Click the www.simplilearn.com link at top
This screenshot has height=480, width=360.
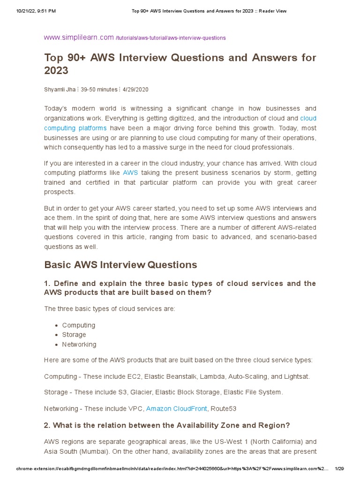[x=79, y=37]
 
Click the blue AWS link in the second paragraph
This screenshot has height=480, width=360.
[x=130, y=172]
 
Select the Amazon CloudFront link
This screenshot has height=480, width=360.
[x=176, y=408]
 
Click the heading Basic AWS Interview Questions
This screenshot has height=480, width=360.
[x=120, y=265]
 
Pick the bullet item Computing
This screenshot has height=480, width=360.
[x=78, y=325]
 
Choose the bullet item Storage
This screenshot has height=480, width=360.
[x=74, y=335]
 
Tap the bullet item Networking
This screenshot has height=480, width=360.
[x=79, y=344]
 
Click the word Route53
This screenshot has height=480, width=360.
[x=224, y=408]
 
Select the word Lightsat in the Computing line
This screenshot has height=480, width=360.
[x=296, y=376]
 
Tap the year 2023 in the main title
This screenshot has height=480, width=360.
[x=56, y=70]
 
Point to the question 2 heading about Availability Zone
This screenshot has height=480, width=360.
[x=167, y=425]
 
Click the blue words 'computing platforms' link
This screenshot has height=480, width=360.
[x=75, y=128]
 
